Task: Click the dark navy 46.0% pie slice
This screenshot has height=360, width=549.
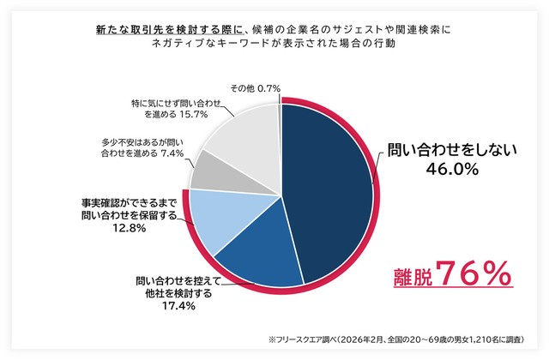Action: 330,189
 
